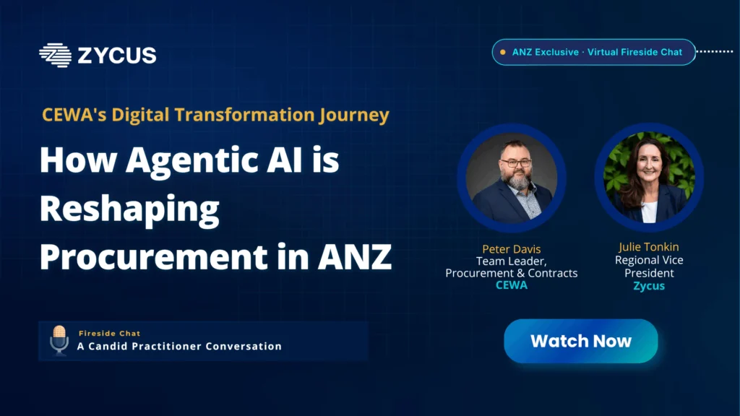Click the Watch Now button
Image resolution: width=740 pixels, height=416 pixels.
(580, 341)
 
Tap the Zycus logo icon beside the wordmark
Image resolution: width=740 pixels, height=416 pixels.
(55, 55)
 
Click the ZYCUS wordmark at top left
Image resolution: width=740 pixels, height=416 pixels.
(117, 56)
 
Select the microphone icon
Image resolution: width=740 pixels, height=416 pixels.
(59, 340)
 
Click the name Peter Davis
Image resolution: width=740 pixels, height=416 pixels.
(511, 249)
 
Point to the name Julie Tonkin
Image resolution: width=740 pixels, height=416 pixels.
(649, 247)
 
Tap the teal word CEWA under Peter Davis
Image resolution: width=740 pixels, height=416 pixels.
(512, 285)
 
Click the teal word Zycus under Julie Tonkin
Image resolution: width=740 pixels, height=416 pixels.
(649, 286)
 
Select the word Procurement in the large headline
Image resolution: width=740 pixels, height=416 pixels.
(153, 258)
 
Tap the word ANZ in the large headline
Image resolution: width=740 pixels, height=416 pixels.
(354, 257)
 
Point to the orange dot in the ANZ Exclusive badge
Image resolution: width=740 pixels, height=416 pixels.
(503, 52)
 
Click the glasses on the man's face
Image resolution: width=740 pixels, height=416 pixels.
(516, 163)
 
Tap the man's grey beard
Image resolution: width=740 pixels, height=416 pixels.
(518, 179)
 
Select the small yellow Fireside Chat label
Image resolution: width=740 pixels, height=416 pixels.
(110, 334)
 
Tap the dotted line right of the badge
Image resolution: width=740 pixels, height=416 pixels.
(715, 51)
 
